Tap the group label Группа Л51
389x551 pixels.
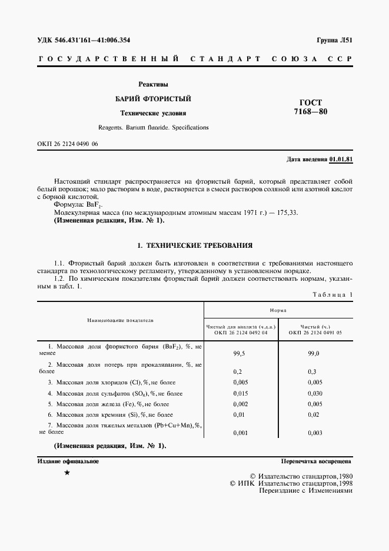pyautogui.click(x=333, y=40)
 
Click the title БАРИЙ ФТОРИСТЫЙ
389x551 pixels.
pyautogui.click(x=152, y=98)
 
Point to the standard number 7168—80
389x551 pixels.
pyautogui.click(x=311, y=112)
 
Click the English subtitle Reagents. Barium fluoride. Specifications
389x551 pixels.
pyautogui.click(x=152, y=127)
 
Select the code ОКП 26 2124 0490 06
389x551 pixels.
pyautogui.click(x=68, y=144)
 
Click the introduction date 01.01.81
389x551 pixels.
pyautogui.click(x=341, y=160)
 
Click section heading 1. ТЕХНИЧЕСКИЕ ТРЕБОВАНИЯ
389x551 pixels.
pyautogui.click(x=194, y=244)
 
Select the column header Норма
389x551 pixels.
pyautogui.click(x=278, y=309)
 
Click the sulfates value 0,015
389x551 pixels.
pyautogui.click(x=240, y=393)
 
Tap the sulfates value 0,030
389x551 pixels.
pyautogui.click(x=315, y=393)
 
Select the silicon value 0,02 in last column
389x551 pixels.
pyautogui.click(x=313, y=414)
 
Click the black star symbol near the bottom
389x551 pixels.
pyautogui.click(x=67, y=473)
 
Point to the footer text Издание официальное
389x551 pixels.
pyautogui.click(x=68, y=462)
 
